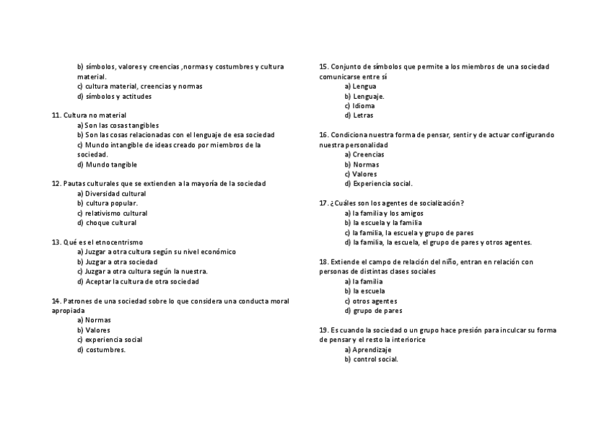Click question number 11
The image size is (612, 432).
point(56,115)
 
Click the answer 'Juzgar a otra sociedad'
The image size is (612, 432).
point(121,262)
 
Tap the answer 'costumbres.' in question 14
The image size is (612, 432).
point(105,350)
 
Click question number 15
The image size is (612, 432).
point(323,67)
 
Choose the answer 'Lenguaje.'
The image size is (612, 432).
point(368,96)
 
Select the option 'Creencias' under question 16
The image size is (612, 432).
point(368,154)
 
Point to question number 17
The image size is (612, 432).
point(323,203)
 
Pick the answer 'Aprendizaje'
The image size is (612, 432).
point(372,350)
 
